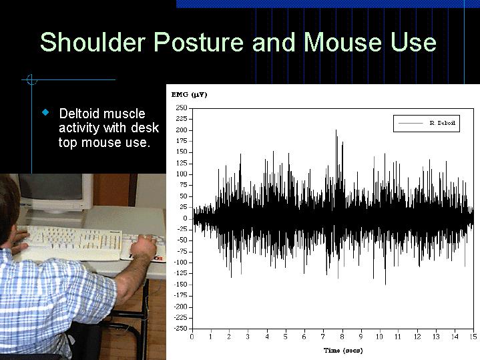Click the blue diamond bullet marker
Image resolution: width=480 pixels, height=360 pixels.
coord(45,112)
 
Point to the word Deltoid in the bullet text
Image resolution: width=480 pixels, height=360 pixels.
coord(81,114)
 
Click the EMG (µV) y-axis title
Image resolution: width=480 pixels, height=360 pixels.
coord(190,95)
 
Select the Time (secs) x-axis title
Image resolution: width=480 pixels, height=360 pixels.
coord(343,350)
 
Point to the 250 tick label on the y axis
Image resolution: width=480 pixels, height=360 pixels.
coord(181,108)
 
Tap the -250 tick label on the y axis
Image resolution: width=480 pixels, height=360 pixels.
coord(180,328)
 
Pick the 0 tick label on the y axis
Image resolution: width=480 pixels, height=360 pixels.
coord(186,218)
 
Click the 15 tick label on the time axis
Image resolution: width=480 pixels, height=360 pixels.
coord(473,337)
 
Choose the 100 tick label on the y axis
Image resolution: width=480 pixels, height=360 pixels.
coord(181,174)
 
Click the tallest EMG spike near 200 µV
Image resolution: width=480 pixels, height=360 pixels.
coord(336,132)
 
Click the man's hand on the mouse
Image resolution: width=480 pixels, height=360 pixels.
coord(143,248)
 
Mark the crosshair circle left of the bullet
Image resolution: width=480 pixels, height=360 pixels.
coord(31,80)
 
